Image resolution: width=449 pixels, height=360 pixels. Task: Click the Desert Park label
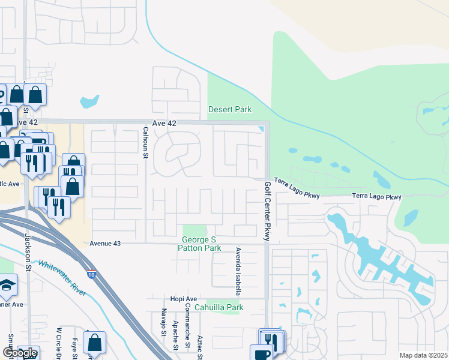click(230, 109)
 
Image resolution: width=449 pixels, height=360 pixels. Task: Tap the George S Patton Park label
click(201, 244)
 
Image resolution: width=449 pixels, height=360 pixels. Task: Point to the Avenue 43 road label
click(105, 243)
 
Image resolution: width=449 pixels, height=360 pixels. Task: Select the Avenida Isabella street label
click(238, 271)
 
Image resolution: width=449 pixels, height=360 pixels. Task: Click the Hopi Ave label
click(182, 299)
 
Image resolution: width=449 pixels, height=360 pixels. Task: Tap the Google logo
click(20, 353)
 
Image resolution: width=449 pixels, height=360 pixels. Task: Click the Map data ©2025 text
click(423, 355)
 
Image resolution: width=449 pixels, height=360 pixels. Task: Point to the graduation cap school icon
click(7, 286)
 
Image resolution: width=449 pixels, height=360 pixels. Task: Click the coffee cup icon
click(262, 353)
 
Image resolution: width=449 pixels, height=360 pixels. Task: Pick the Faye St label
click(75, 344)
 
